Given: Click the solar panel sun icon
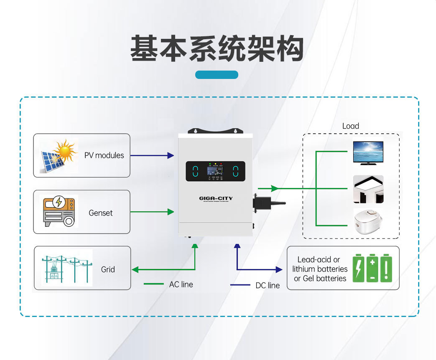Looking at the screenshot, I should click(x=59, y=155).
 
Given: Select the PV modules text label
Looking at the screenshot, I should click(x=104, y=155).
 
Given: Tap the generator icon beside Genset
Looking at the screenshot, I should click(x=59, y=211).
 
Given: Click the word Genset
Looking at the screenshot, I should click(x=101, y=213).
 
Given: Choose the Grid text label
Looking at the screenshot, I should click(x=108, y=269).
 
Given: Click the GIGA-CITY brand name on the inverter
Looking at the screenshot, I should click(x=216, y=198).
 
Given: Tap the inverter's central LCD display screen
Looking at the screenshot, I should click(x=215, y=171).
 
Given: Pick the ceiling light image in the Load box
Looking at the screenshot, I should click(x=368, y=189).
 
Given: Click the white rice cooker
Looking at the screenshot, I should click(x=368, y=221).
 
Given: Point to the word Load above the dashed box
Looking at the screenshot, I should click(x=350, y=126).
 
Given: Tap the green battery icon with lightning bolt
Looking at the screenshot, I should click(x=359, y=268).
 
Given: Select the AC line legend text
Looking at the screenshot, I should click(x=181, y=284).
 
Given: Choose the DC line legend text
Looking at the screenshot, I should click(x=268, y=286).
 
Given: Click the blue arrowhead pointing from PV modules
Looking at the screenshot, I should click(x=171, y=155).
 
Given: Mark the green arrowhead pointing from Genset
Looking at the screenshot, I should click(x=171, y=212).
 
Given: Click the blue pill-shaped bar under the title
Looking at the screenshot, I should click(x=217, y=75).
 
